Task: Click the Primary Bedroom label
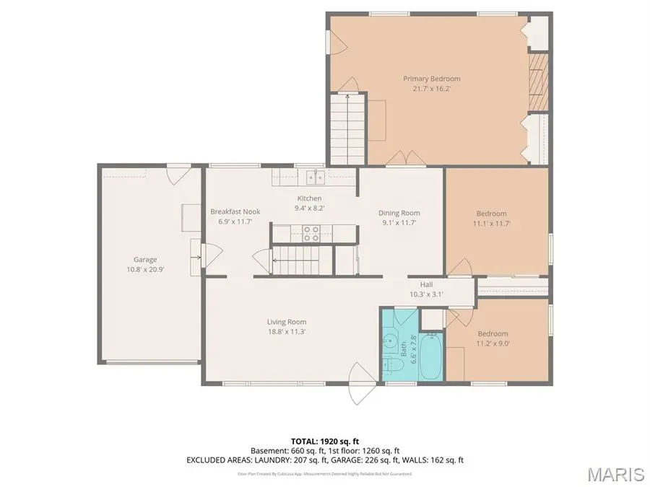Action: click(431, 79)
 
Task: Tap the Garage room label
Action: click(144, 260)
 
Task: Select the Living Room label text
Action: click(287, 322)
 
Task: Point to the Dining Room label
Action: click(399, 213)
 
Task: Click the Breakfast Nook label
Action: click(235, 211)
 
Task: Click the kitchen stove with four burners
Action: click(311, 232)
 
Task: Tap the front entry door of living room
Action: click(359, 382)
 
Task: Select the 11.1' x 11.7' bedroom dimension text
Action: click(491, 224)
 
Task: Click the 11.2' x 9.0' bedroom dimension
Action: click(492, 343)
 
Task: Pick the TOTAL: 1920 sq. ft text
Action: click(325, 440)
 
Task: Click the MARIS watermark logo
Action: click(615, 474)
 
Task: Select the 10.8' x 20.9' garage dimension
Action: click(144, 270)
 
